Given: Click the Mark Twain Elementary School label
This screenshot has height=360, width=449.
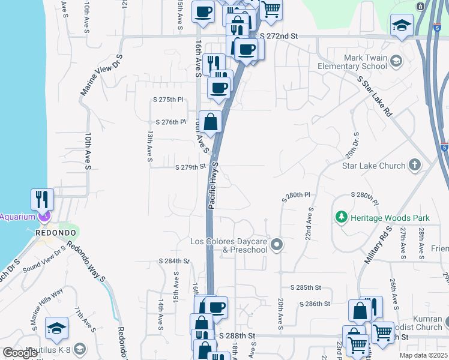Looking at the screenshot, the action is coord(352,62).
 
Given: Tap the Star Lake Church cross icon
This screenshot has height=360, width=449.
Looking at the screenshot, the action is coord(414,165).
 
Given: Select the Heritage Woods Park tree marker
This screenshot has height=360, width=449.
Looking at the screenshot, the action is coord(342,216).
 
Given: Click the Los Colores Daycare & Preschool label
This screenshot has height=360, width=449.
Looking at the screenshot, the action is coord(228,245).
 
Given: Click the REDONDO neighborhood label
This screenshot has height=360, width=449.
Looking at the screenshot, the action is coord(55,232).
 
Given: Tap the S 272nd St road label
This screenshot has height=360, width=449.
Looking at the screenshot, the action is coord(279,37).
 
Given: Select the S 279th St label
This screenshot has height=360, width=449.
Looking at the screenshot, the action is coord(190,167).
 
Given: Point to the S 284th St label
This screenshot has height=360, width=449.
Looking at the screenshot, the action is coord(173,261).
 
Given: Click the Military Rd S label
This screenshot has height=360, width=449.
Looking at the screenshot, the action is coord(377,243).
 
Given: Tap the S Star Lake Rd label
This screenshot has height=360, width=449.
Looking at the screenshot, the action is coord(374,96).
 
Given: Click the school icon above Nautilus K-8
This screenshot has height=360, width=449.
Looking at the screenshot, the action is coord(56,328).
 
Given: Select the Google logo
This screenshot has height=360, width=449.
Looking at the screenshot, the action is coord(20,353).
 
